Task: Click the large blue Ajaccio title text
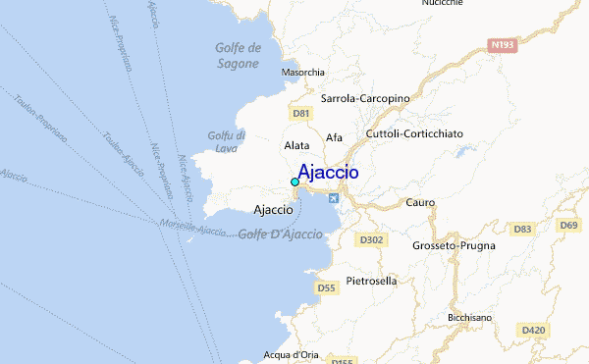[x=327, y=173]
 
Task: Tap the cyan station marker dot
[x=294, y=182]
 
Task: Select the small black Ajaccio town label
[x=272, y=209]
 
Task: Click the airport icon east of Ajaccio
[x=334, y=199]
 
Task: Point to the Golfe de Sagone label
[x=238, y=56]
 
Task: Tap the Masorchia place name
[x=302, y=73]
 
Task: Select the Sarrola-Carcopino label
[x=365, y=98]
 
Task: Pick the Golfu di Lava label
[x=227, y=141]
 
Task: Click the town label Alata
[x=296, y=145]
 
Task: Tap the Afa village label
[x=335, y=137]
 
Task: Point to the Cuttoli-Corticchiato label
[x=414, y=132]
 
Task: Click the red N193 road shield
[x=502, y=44]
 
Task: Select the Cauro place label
[x=420, y=202]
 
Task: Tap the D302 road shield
[x=370, y=238]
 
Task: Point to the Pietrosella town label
[x=371, y=281]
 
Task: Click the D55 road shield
[x=327, y=287]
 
